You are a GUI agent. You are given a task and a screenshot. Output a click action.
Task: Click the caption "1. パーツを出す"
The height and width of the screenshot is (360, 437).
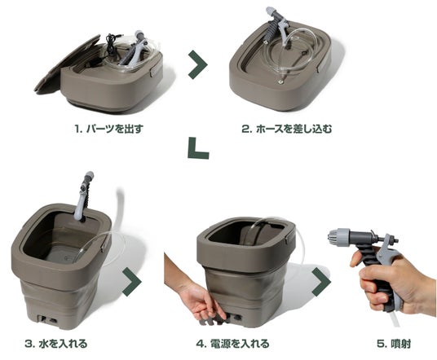[x=109, y=130]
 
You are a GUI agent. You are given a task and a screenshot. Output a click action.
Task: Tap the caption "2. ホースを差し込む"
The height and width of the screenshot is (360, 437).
[x=287, y=130]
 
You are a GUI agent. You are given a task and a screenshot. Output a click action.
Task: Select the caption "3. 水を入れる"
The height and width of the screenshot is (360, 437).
[x=56, y=344]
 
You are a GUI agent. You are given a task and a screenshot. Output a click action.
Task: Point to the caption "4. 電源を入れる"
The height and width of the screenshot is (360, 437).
[x=232, y=344]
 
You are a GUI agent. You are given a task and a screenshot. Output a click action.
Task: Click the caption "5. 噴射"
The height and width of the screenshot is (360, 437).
[x=394, y=344]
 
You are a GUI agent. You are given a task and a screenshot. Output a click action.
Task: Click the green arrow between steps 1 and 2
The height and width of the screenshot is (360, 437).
[x=198, y=64]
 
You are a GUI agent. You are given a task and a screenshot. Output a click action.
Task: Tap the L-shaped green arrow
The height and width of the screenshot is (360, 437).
[x=198, y=148]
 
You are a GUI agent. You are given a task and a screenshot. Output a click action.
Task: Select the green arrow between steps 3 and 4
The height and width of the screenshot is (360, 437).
[x=132, y=282]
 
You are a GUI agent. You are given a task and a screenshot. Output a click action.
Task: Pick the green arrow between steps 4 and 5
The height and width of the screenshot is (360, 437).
[x=321, y=282]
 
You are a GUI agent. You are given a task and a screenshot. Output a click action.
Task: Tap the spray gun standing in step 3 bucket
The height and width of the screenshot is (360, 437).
[x=83, y=195]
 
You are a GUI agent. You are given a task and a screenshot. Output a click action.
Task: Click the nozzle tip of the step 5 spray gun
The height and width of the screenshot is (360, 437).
[x=333, y=237]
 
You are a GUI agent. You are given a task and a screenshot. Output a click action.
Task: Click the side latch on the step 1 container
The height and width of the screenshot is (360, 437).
[x=154, y=71]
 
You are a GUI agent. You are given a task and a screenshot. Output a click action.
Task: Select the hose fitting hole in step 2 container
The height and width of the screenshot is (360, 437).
[x=280, y=82]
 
